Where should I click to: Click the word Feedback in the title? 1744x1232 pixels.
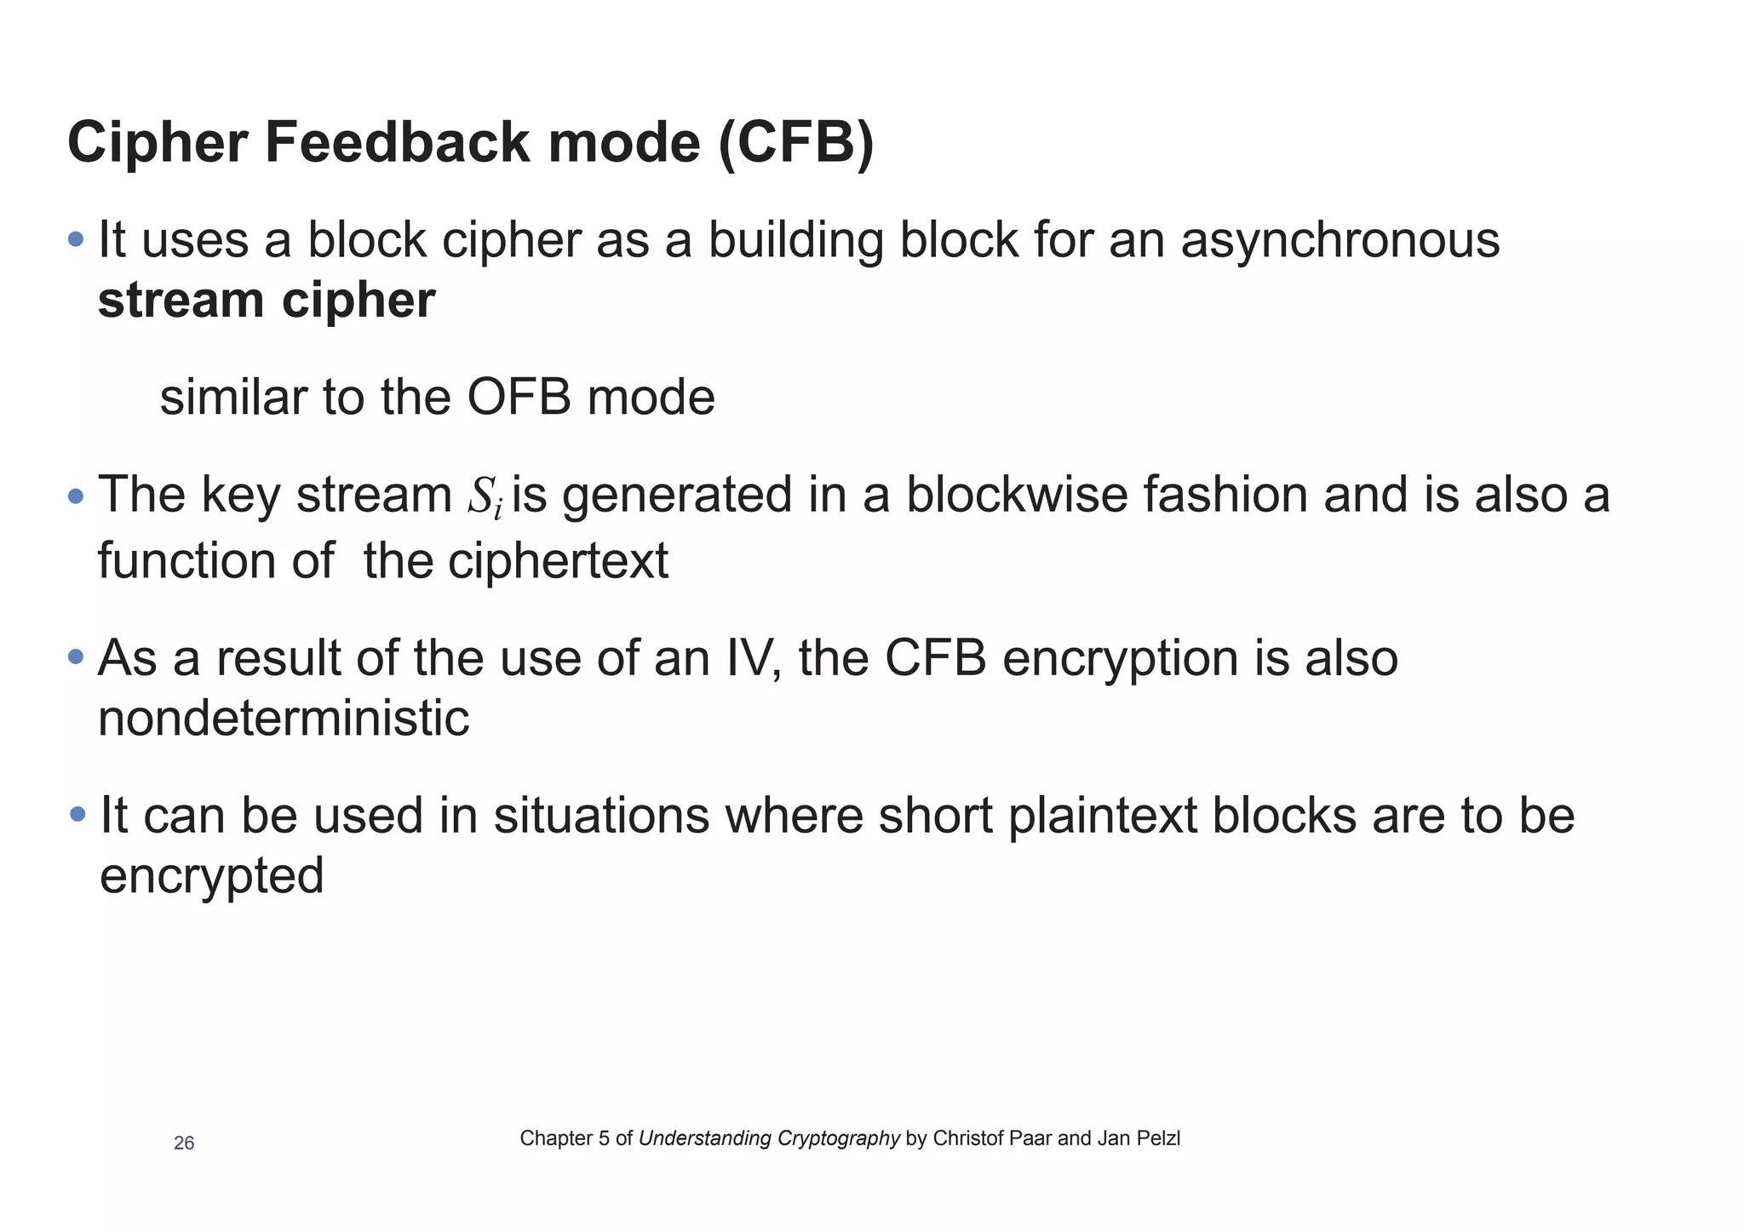coord(398,143)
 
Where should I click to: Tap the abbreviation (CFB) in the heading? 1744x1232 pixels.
coord(795,143)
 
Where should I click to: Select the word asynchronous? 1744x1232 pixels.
coord(1340,241)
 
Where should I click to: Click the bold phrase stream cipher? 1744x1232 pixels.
coord(267,301)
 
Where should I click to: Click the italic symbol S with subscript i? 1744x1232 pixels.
coord(485,496)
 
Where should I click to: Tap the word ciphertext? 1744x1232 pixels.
coord(558,561)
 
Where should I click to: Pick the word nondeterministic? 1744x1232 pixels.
coord(284,719)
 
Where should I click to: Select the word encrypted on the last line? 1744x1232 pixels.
coord(212,876)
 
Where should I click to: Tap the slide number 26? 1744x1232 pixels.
coord(184,1143)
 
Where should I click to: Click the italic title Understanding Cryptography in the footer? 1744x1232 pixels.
coord(769,1138)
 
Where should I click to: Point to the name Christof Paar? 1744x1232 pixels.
coord(992,1138)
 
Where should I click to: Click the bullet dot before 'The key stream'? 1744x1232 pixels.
coord(76,496)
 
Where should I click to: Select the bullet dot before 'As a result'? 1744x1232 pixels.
coord(76,657)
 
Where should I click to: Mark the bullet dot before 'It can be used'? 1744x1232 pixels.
coord(77,815)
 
